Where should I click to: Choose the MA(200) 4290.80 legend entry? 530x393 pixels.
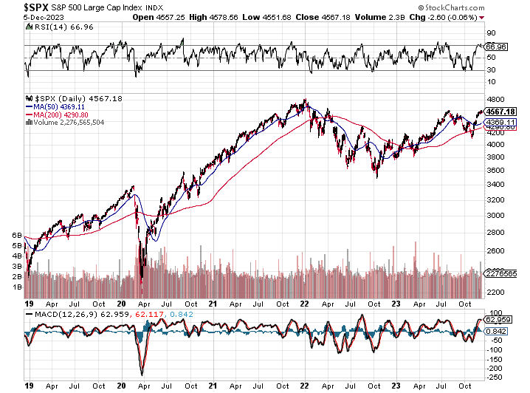(60, 115)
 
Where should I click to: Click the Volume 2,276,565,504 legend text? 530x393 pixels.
(68, 123)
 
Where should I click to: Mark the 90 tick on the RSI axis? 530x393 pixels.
(489, 33)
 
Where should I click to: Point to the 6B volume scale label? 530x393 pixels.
(16, 235)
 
